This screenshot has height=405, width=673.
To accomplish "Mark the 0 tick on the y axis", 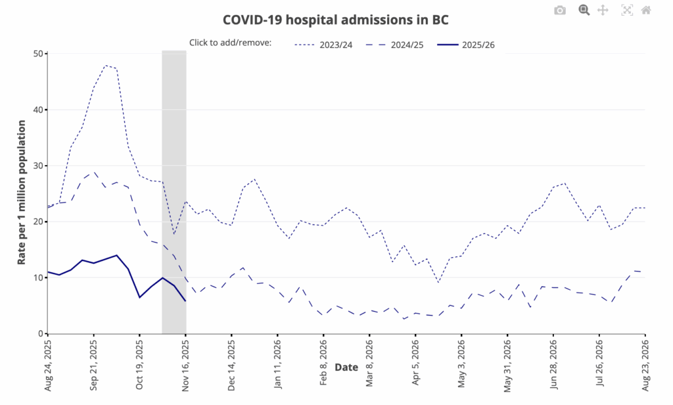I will [x=40, y=334].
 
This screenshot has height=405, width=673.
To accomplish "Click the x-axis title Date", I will [x=346, y=368].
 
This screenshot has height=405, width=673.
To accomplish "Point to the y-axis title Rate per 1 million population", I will [x=22, y=192].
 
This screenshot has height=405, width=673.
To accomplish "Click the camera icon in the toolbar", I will [x=560, y=11].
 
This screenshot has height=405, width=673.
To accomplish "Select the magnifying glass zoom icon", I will [x=584, y=11].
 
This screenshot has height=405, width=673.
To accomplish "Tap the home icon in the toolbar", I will [x=646, y=11].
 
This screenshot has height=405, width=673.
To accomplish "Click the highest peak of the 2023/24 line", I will [x=105, y=65].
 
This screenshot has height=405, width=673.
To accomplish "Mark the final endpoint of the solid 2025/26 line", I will [x=186, y=301].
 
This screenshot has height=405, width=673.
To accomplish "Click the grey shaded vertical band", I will [x=174, y=197].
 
